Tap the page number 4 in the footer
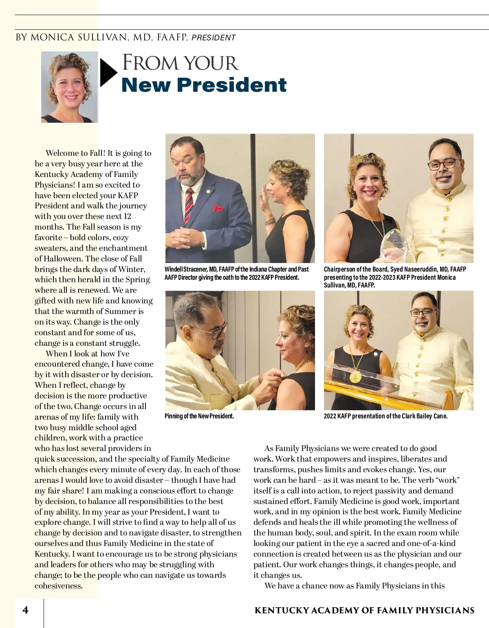tap(26, 610)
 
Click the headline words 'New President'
tap(204, 85)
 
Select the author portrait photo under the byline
tap(69, 87)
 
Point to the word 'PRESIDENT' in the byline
tap(214, 38)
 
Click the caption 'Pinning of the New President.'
tap(199, 416)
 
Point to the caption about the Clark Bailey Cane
tap(385, 416)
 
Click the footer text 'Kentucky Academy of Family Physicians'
tap(364, 610)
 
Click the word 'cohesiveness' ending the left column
tap(58, 586)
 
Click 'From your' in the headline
tap(180, 63)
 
